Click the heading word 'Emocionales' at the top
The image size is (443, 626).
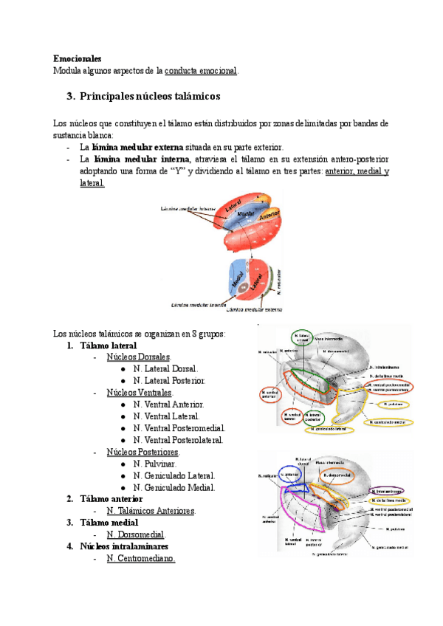coord(78,58)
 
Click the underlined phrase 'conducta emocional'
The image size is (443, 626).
coord(201,71)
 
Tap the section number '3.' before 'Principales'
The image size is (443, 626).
coord(71,97)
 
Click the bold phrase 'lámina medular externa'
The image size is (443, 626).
coord(132,147)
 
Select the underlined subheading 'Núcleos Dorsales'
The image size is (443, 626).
coord(138,357)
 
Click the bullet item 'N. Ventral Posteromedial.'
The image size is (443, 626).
coord(179,428)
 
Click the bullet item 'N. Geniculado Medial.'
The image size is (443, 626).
coord(174,487)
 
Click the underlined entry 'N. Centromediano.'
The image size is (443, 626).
coord(140,559)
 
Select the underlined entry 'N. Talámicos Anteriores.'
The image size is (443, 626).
coord(151,511)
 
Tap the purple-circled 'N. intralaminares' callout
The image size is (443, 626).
coord(387,491)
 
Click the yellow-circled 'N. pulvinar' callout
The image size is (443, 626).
coord(389,405)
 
